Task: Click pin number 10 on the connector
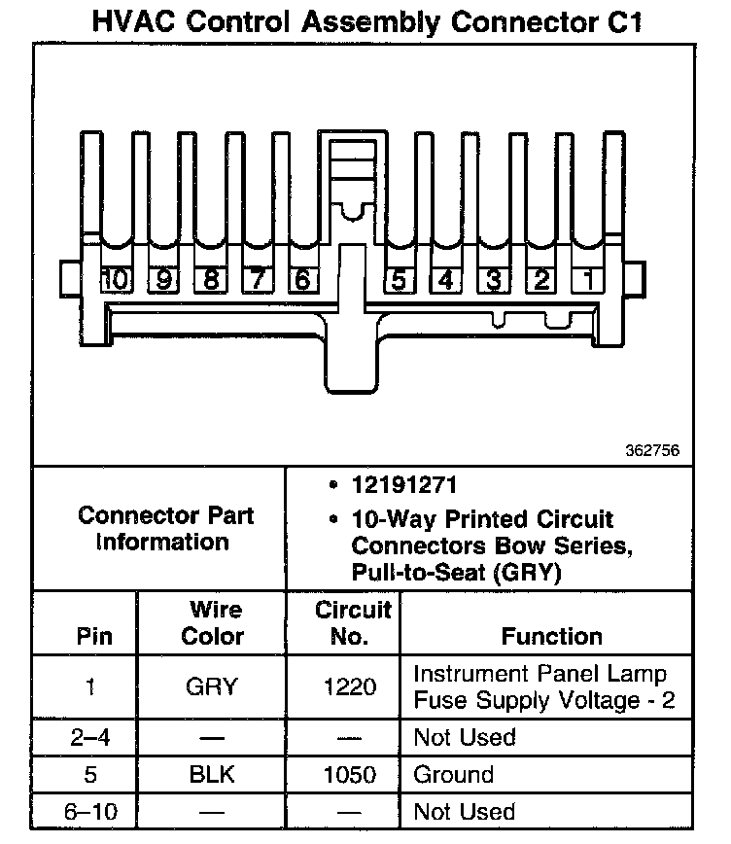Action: tap(116, 280)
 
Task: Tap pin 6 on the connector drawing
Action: tap(302, 280)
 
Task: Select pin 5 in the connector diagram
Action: tap(398, 280)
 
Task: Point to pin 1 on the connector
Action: tap(588, 280)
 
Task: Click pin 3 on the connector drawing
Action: tap(493, 280)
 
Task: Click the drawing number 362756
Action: tap(653, 451)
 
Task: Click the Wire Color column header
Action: tap(214, 623)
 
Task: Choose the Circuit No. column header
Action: tap(351, 623)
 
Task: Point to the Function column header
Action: tap(551, 637)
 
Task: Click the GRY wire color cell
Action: tap(212, 686)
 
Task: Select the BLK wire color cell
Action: tap(212, 775)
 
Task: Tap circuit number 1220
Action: tap(349, 686)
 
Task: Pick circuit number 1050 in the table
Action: tap(349, 775)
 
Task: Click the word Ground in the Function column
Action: tap(453, 775)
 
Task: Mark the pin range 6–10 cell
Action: tap(91, 812)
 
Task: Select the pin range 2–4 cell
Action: tap(91, 737)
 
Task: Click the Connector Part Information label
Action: tap(162, 528)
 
